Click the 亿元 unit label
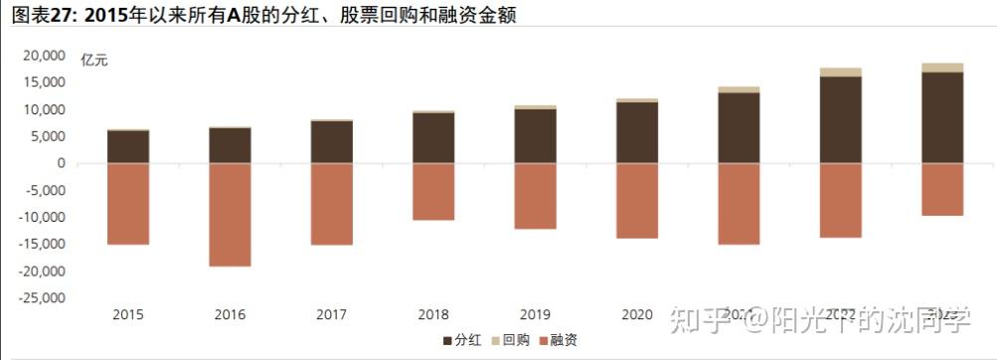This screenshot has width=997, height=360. coord(94,60)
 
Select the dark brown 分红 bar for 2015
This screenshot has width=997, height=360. coord(128,146)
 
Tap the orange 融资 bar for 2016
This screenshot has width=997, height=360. coord(230,214)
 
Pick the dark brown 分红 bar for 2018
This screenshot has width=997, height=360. coord(433,138)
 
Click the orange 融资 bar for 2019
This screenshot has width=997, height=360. coord(535,196)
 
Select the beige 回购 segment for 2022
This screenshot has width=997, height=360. coord(841,72)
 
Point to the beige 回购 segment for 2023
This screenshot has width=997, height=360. coord(942,68)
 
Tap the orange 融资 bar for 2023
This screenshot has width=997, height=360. coord(942,189)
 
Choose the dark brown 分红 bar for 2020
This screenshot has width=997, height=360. coord(637,132)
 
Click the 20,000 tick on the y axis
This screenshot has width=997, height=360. coord(44,56)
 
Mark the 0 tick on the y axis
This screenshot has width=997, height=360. coord(61,163)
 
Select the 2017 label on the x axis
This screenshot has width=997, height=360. coord(331,315)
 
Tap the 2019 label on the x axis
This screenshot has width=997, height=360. coord(535,315)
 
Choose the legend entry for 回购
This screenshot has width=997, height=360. coord(509,341)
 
